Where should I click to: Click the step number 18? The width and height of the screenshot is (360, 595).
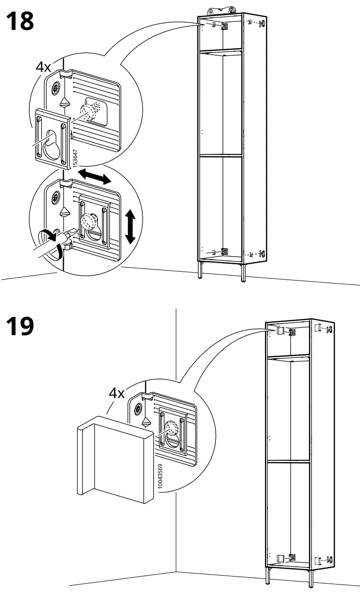(20, 22)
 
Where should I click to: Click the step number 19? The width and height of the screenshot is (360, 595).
(20, 326)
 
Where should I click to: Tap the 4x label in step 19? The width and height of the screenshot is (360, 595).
(117, 393)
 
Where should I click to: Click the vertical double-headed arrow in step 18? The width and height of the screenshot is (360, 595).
(130, 226)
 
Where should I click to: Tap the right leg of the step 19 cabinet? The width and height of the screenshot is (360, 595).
(311, 578)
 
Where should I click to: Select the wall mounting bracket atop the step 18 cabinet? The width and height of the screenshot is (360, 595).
(221, 9)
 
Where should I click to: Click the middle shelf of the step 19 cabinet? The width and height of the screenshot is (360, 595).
(288, 461)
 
